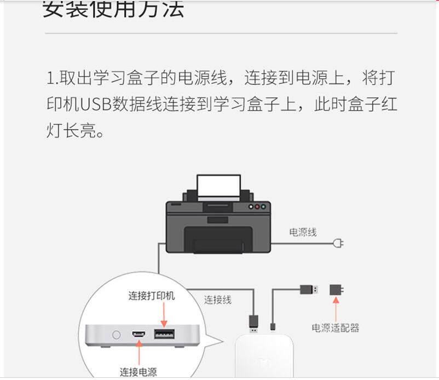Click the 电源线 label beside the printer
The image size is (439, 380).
pos(303,232)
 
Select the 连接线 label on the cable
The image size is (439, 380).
pos(218,299)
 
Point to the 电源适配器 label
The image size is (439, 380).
pos(336,327)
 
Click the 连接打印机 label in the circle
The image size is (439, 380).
pos(152,296)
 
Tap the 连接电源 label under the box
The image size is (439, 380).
pos(138,372)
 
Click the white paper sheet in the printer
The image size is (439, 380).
pos(218,186)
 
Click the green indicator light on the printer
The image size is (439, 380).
pos(264,207)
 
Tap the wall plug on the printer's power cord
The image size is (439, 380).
pos(338,242)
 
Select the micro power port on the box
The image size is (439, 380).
pos(138,333)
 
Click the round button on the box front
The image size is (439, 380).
pos(116,333)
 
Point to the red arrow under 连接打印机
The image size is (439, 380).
pos(163,314)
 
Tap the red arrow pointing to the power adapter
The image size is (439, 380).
pos(336,310)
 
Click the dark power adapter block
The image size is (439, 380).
pos(336,290)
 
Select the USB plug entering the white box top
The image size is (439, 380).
pos(254,323)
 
